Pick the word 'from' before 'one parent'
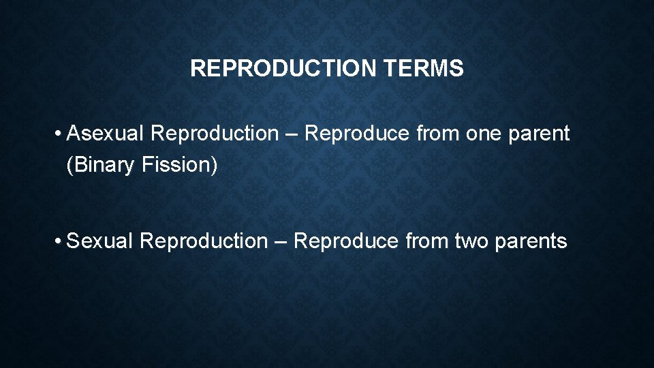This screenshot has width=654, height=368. [437, 134]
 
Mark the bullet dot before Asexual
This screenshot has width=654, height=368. [61, 134]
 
